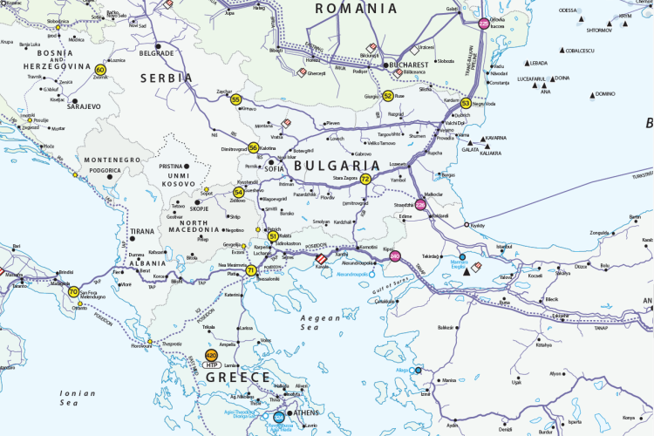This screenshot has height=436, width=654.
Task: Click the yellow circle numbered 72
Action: (365, 179)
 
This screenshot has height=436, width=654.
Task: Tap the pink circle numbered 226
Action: (420, 205)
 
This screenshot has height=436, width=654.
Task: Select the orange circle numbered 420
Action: (211, 355)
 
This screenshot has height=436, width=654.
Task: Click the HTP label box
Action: (211, 365)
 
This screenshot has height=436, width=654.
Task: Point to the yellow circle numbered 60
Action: (101, 70)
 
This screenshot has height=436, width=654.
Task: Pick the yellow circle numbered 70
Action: (73, 292)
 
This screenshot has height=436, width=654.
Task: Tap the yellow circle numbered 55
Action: (235, 100)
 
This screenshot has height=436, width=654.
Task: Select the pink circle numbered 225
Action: (484, 24)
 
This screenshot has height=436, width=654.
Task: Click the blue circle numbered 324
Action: (278, 418)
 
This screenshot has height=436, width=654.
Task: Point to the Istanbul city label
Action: (505, 247)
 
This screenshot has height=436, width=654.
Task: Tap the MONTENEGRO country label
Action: (112, 160)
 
